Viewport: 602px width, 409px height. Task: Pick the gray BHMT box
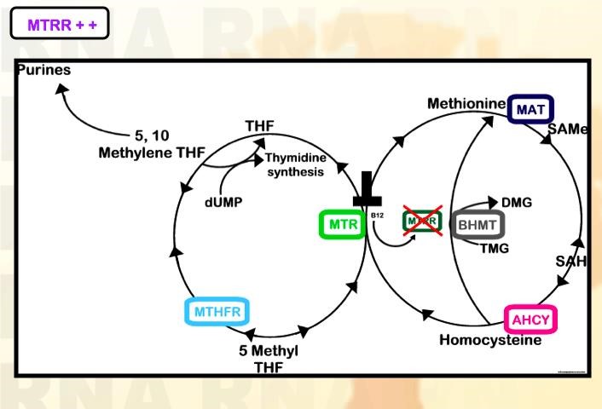[479, 224]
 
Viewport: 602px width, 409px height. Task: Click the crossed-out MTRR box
[424, 221]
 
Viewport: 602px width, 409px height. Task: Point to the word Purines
[43, 71]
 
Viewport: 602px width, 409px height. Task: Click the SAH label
[570, 261]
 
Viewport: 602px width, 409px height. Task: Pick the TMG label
[495, 249]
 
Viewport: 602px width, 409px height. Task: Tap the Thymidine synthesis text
[294, 165]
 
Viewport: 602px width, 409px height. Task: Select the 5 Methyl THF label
[269, 359]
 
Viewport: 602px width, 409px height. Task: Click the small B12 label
[378, 216]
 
